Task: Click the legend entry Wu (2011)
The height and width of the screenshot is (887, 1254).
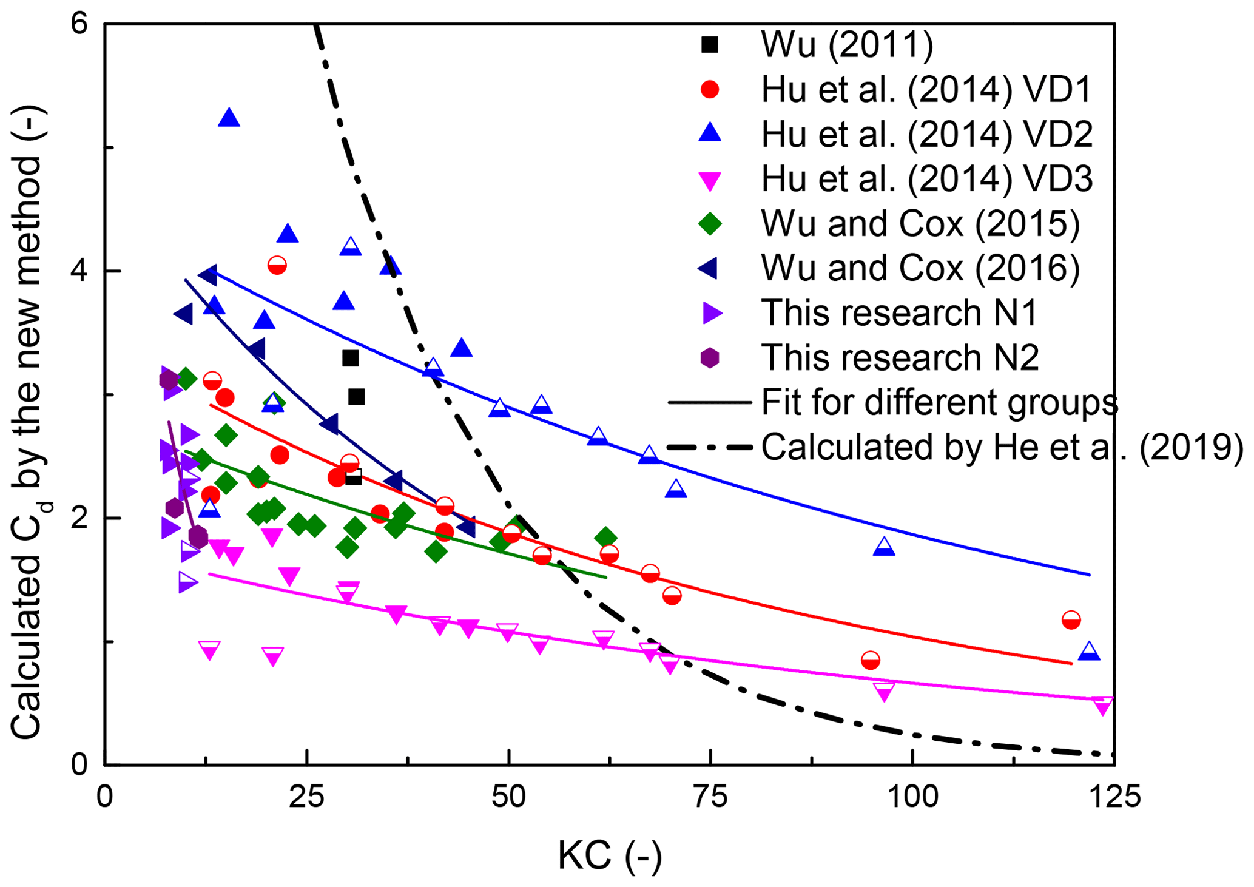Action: [x=847, y=44]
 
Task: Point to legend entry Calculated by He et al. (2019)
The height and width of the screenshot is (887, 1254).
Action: [x=1002, y=447]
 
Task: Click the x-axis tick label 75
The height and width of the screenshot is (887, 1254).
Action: [x=710, y=797]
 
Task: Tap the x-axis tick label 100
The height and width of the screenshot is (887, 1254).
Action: [x=912, y=797]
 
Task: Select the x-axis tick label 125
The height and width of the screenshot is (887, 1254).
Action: [x=1114, y=797]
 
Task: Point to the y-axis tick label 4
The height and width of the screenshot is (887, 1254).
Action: [x=79, y=271]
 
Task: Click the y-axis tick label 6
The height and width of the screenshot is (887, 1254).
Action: [x=79, y=24]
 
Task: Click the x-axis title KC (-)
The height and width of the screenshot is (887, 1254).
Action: [x=610, y=856]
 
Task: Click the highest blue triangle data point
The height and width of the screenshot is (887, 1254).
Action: [x=229, y=119]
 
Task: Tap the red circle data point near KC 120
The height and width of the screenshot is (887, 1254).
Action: [x=1071, y=620]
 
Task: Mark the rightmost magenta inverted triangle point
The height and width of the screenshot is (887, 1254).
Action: [x=1103, y=706]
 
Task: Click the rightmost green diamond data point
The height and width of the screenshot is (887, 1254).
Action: [x=605, y=537]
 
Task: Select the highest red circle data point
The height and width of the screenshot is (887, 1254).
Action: [x=277, y=265]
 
